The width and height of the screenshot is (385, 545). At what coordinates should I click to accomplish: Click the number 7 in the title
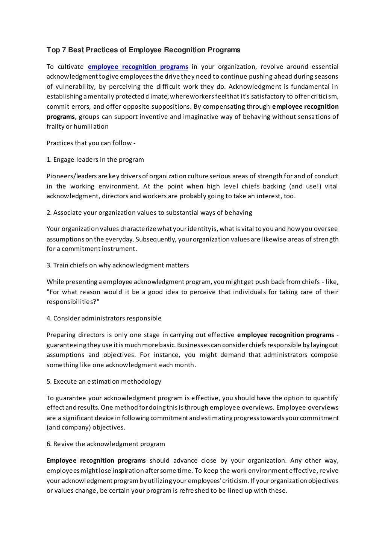63,50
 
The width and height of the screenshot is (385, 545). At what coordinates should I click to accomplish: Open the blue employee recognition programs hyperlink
138,67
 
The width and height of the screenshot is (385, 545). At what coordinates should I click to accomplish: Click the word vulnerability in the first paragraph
74,87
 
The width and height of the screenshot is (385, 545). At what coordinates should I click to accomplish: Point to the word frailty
55,126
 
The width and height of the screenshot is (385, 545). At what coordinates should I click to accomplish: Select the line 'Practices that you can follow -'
91,143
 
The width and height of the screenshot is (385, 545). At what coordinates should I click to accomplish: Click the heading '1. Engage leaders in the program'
95,159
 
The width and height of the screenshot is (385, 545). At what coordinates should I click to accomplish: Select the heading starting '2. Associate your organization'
149,213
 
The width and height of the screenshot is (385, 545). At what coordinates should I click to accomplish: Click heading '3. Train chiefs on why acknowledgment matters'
118,265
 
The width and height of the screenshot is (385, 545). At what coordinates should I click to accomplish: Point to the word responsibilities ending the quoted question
72,302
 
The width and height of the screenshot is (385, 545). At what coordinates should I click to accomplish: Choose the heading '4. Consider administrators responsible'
104,318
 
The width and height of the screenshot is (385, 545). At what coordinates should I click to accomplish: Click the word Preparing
61,335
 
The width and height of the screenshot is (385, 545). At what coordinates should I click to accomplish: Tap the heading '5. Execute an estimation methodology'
104,381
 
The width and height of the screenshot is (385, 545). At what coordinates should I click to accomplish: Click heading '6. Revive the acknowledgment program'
106,444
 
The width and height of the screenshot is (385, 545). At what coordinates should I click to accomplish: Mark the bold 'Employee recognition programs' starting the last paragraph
96,460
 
